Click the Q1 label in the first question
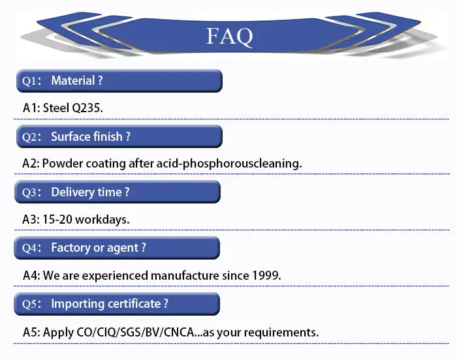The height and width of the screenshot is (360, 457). tap(30, 82)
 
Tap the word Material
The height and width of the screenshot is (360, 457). tap(74, 81)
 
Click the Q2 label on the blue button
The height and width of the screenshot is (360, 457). tap(30, 137)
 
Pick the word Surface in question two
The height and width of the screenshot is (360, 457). tap(72, 136)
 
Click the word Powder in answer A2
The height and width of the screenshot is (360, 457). tap(62, 164)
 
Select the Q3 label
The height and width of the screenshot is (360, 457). tap(30, 192)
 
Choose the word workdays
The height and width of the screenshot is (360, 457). tap(102, 219)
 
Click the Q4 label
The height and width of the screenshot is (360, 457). tap(30, 248)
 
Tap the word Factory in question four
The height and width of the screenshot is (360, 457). tap(72, 247)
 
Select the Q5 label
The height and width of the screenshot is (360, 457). tap(30, 304)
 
